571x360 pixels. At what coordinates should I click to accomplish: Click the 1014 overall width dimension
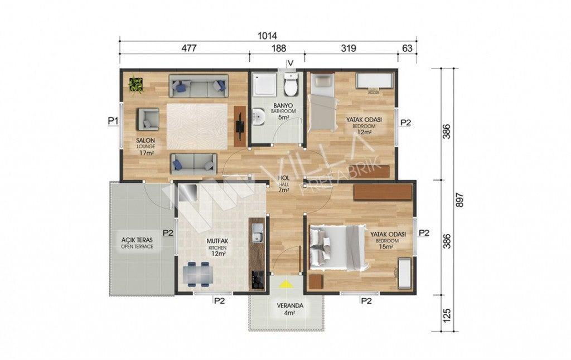[267, 36]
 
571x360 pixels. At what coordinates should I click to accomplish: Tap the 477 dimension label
[190, 48]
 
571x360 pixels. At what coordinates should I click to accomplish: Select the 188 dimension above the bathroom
[279, 48]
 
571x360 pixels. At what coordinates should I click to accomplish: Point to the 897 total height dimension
[459, 201]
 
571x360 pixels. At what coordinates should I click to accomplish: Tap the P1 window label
[113, 121]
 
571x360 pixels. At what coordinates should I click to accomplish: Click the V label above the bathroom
[290, 64]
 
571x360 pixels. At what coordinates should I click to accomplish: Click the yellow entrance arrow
[287, 284]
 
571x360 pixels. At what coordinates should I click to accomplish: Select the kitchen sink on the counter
[258, 232]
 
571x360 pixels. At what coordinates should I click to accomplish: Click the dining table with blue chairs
[198, 274]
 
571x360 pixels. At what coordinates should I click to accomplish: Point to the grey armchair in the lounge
[147, 119]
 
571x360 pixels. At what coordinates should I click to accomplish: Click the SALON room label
[146, 140]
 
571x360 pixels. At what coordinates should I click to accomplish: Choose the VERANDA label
[290, 306]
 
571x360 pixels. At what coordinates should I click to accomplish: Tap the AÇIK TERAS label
[137, 240]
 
